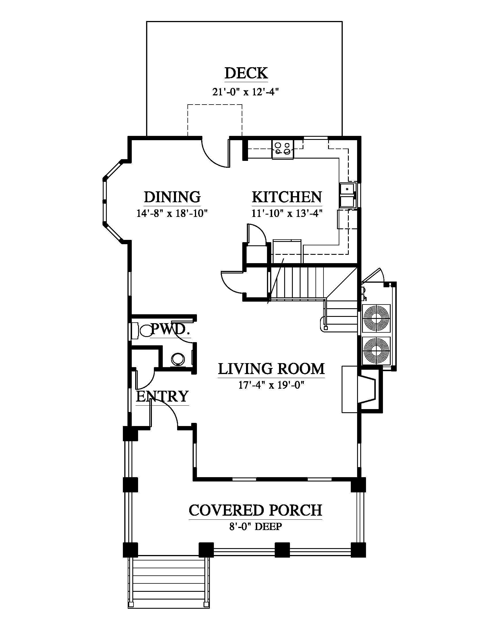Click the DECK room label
(x=246, y=73)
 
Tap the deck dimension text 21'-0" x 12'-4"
(x=245, y=92)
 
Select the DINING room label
(x=172, y=197)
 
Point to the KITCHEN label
(x=287, y=197)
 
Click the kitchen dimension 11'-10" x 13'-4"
(x=287, y=213)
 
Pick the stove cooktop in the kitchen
(x=282, y=149)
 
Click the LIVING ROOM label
(x=271, y=369)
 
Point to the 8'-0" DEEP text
(x=255, y=526)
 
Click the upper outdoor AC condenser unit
(x=376, y=318)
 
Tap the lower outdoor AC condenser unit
(x=376, y=351)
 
